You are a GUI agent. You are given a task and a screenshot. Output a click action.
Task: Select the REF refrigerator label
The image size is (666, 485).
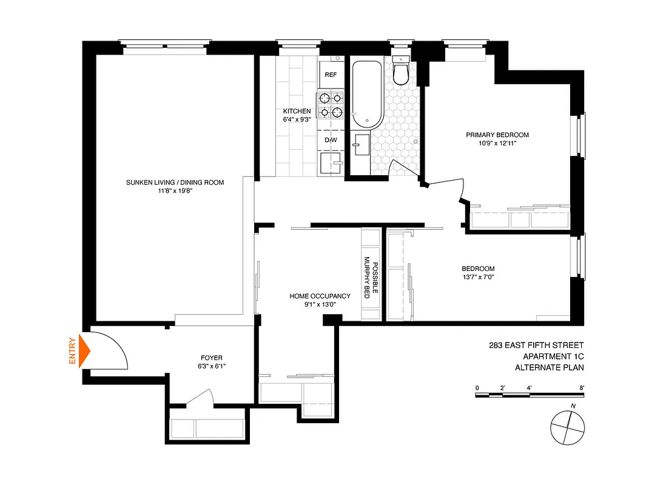tap(331, 75)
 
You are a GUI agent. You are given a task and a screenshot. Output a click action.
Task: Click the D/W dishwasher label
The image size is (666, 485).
tap(331, 140)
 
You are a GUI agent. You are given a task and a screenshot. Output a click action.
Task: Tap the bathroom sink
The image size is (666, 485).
tap(360, 146)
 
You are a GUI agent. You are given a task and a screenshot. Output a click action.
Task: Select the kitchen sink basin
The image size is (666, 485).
tap(330, 162)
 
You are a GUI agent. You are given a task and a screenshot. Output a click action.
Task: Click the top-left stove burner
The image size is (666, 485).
tap(325, 97)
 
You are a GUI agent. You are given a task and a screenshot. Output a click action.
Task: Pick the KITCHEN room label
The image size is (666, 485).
tap(297, 112)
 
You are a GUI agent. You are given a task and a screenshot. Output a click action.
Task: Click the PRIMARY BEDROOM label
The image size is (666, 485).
tap(497, 135)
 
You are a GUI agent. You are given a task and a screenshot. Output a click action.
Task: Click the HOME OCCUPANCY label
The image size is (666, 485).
tap(320, 296)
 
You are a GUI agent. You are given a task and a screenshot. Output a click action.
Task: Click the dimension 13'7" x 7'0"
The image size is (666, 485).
tap(478, 278)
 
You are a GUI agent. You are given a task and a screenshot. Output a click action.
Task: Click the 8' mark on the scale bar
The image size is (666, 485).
tap(582, 387)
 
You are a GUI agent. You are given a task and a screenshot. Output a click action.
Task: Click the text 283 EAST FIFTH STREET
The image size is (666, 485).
tap(537, 346)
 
